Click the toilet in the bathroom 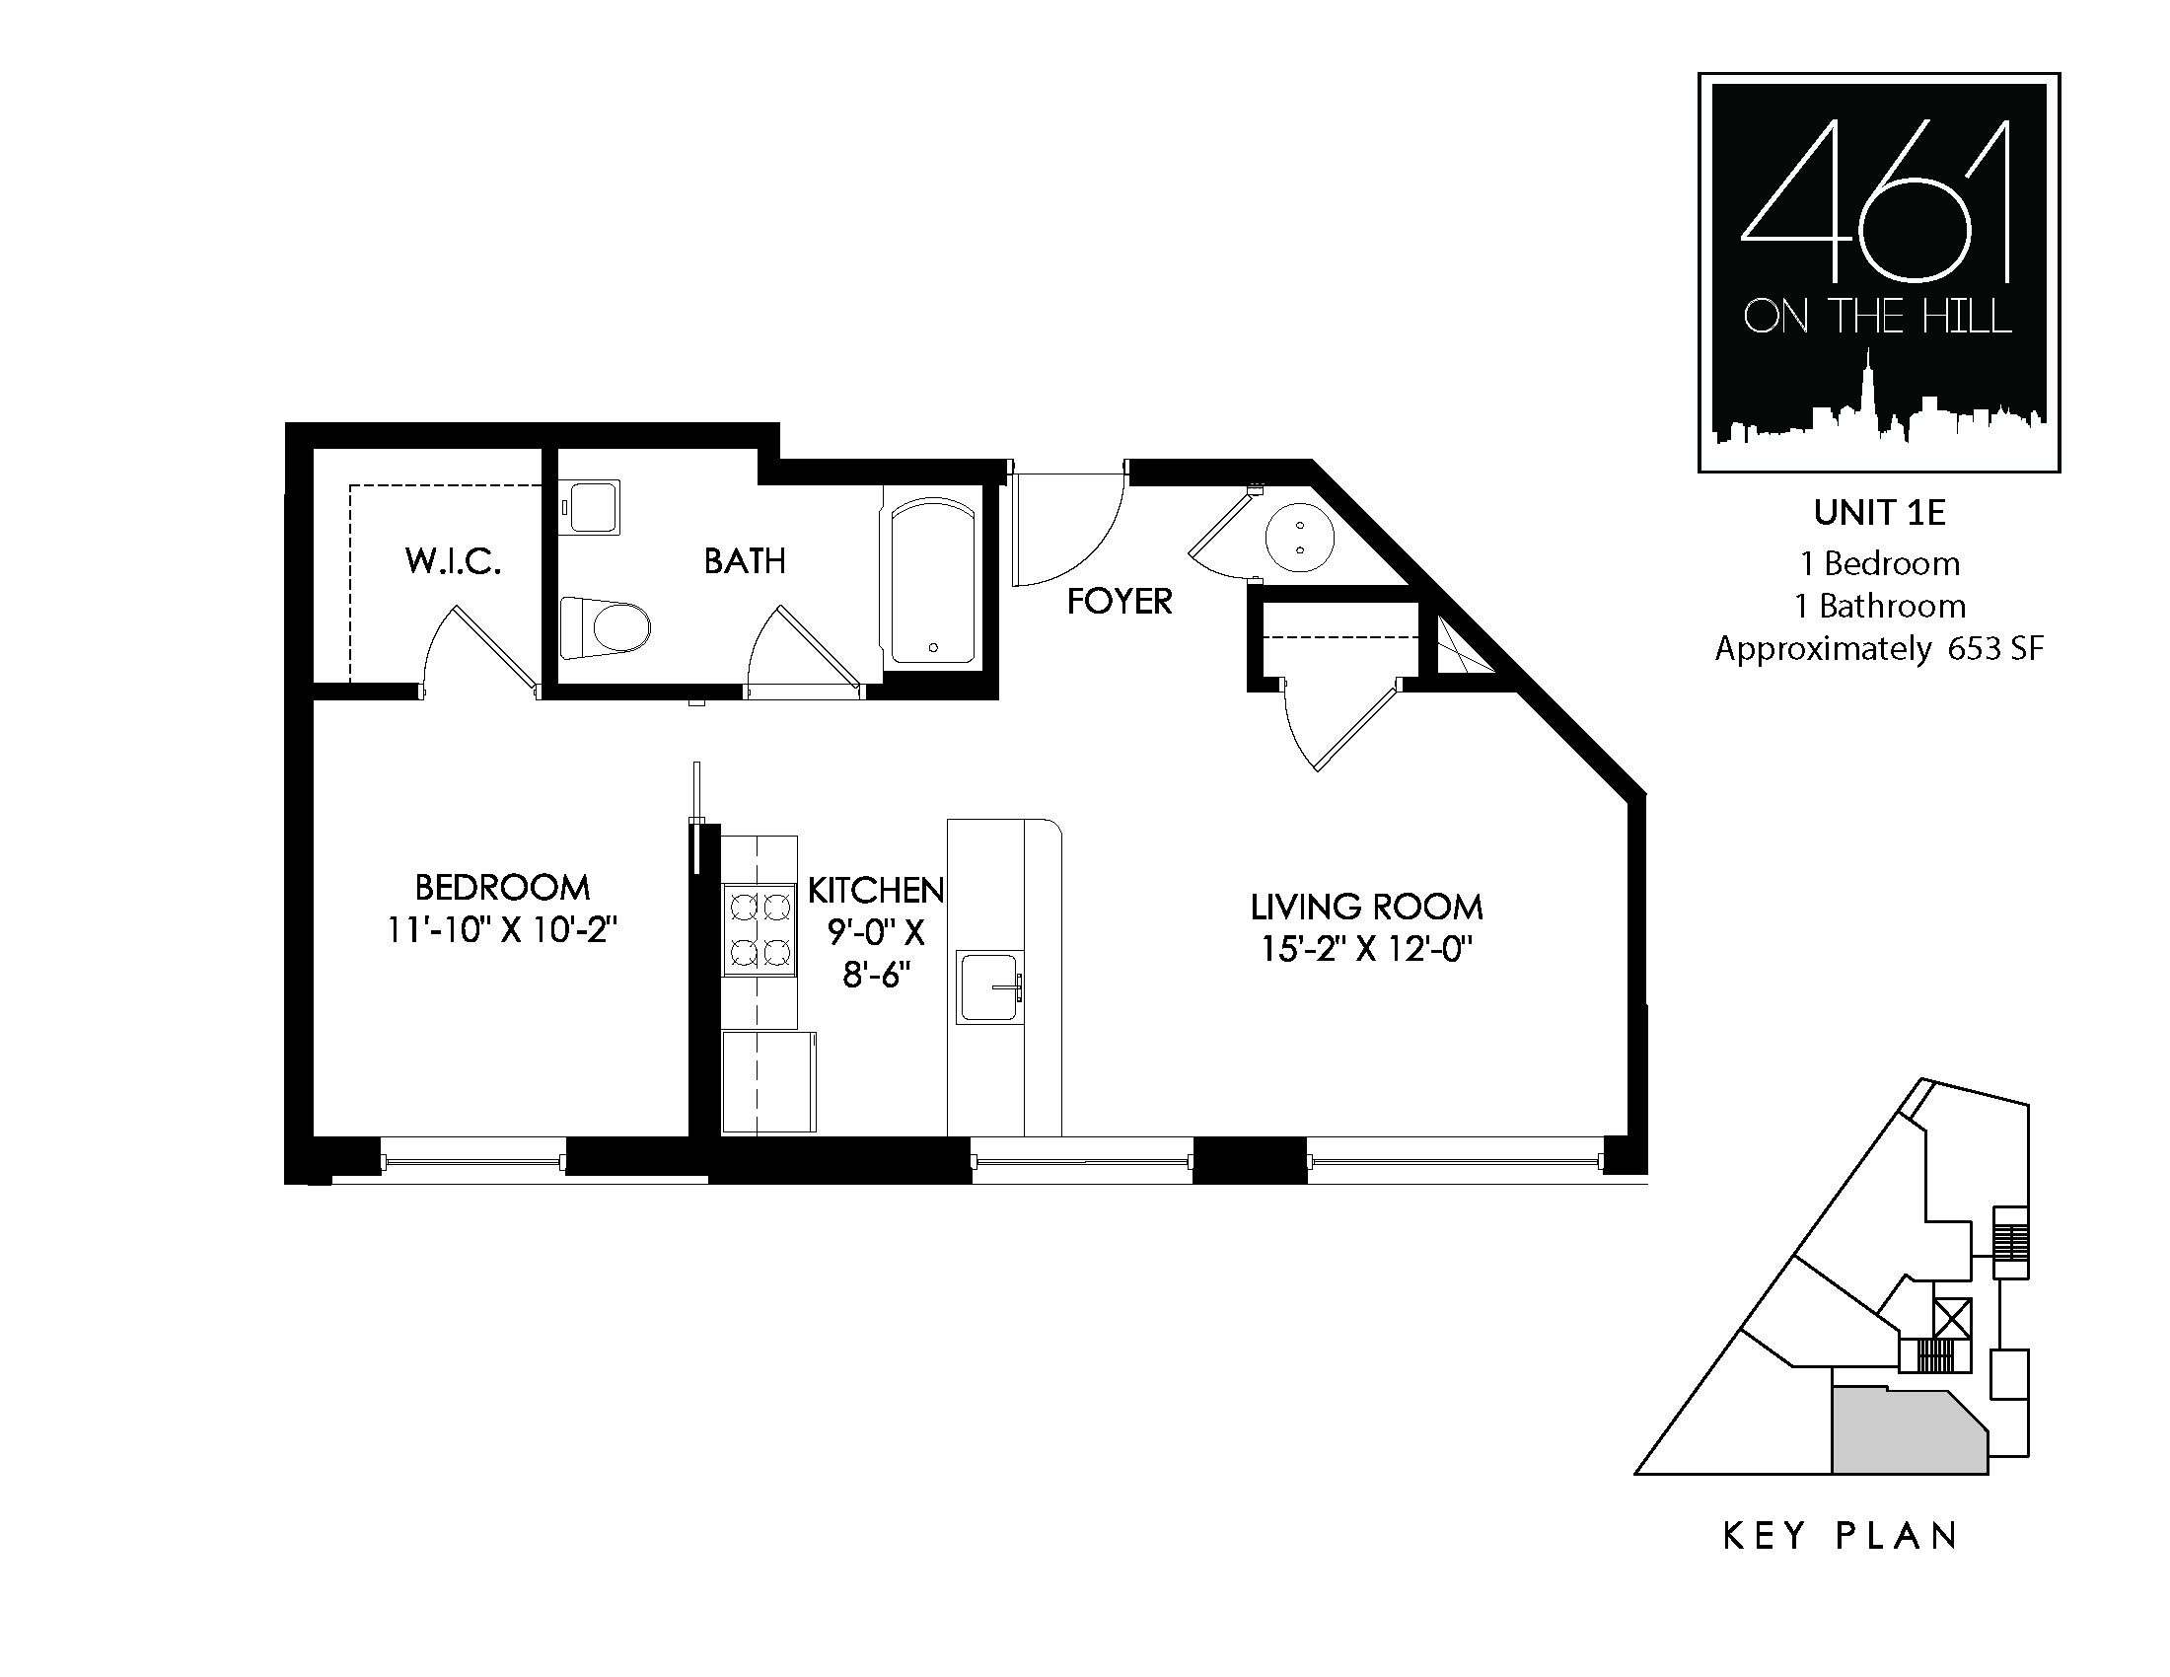pyautogui.click(x=605, y=627)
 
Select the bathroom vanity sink pyautogui.click(x=589, y=508)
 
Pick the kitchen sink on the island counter pyautogui.click(x=989, y=987)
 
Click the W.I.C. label pyautogui.click(x=453, y=561)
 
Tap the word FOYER pyautogui.click(x=1120, y=601)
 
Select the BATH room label pyautogui.click(x=745, y=561)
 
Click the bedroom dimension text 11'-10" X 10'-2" pyautogui.click(x=502, y=930)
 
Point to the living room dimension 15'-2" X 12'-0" pyautogui.click(x=1366, y=950)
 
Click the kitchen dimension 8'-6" pyautogui.click(x=876, y=976)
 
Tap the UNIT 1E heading pyautogui.click(x=1879, y=513)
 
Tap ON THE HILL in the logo pyautogui.click(x=1878, y=317)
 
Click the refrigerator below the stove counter pyautogui.click(x=769, y=1082)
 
